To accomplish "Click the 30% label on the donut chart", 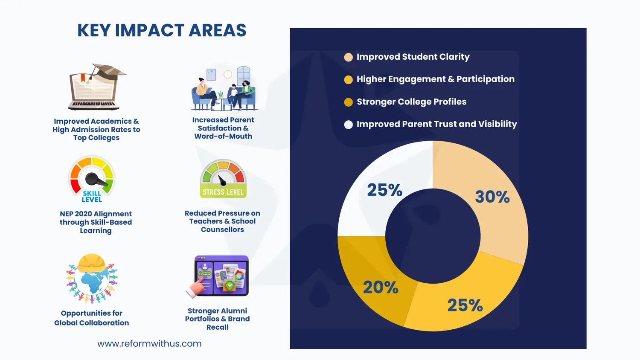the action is coord(492,197).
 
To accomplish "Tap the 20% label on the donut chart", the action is coord(381,287).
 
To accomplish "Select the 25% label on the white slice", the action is coord(384,190).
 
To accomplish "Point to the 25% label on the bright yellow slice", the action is coord(465,305).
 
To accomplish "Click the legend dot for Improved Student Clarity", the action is coord(348,57).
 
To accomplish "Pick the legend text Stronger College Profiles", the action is coord(411,102).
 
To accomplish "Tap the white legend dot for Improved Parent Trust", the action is coord(348,125).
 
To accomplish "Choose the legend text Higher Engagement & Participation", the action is coord(436,79).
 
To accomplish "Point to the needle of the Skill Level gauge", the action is coord(96,179).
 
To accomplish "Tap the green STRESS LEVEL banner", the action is coord(223,192).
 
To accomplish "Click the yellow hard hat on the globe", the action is coord(91,263).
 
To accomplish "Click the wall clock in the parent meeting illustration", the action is coord(228,74).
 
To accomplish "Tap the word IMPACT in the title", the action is coord(149,30).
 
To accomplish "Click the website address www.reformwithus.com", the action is coord(149,343).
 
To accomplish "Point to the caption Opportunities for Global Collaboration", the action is coord(91,318).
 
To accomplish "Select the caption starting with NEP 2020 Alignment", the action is coord(96,222).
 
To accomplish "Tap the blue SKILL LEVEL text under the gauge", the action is coord(92,197).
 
